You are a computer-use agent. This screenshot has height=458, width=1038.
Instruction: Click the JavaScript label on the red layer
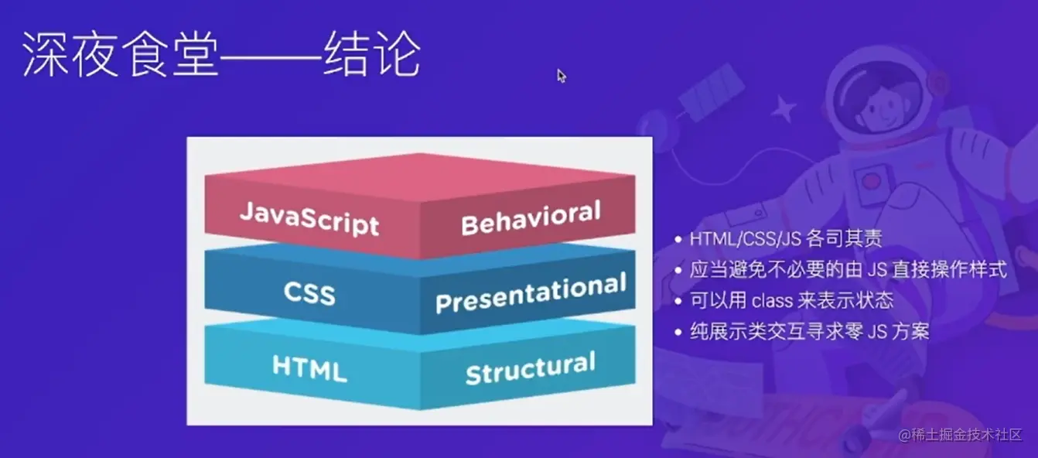[309, 218]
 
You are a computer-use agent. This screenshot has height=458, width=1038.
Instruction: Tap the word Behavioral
[531, 217]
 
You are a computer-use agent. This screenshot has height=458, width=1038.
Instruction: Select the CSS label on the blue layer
[309, 293]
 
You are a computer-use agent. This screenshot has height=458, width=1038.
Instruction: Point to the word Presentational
[531, 293]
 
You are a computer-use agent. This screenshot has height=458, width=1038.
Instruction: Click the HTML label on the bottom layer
[309, 368]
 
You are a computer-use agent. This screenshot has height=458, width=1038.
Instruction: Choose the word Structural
[531, 368]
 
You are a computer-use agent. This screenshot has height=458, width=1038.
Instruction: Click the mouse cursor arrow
[562, 76]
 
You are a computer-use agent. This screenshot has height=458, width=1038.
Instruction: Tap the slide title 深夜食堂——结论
[221, 54]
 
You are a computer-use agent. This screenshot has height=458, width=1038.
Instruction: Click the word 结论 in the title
[372, 54]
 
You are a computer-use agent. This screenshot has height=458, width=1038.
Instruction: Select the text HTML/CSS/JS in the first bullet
[745, 239]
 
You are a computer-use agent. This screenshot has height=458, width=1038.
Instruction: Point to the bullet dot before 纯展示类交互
[678, 332]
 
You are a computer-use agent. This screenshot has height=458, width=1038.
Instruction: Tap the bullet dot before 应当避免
[678, 270]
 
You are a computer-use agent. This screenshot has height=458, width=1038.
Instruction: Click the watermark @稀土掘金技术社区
[960, 435]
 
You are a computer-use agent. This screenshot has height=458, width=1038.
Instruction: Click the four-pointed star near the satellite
[784, 108]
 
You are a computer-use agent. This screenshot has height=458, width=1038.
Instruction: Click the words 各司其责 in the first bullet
[845, 239]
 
